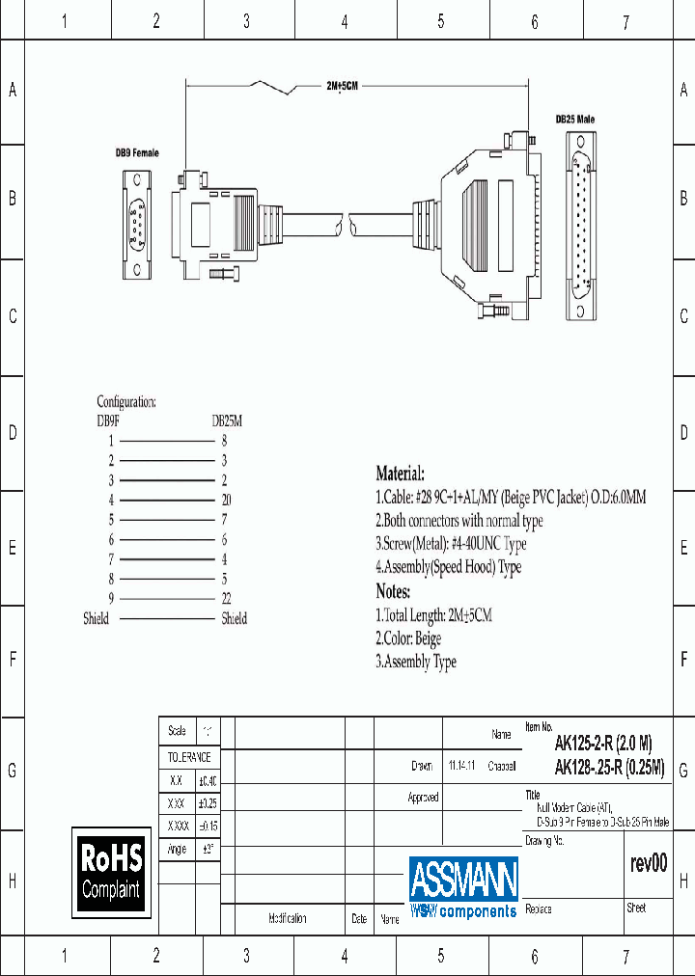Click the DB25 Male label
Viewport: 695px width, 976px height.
pyautogui.click(x=574, y=119)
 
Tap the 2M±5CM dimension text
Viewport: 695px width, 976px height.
pyautogui.click(x=342, y=87)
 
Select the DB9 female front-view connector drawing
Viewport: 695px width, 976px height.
pyautogui.click(x=137, y=224)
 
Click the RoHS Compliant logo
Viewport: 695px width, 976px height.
pyautogui.click(x=112, y=873)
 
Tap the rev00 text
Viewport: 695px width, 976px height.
pyautogui.click(x=649, y=864)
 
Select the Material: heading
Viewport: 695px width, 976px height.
pyautogui.click(x=400, y=474)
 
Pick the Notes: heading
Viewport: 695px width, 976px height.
pyautogui.click(x=393, y=591)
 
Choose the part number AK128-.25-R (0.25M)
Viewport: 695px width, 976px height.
pyautogui.click(x=609, y=768)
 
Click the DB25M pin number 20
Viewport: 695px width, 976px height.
pyautogui.click(x=225, y=500)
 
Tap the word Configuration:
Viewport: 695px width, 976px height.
pyautogui.click(x=126, y=401)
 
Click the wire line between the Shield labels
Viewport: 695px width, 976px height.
pyautogui.click(x=165, y=619)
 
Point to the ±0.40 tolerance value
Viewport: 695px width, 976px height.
pyautogui.click(x=208, y=781)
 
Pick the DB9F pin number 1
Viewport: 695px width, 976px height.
pyautogui.click(x=111, y=440)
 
